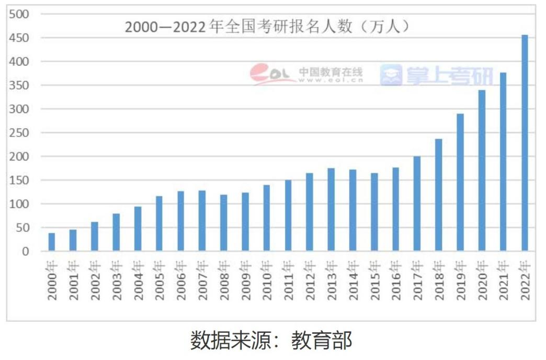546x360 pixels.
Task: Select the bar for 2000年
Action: click(52, 242)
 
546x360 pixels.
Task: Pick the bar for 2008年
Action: click(224, 223)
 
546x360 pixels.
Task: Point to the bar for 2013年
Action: click(331, 209)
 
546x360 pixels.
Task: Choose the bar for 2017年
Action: click(417, 204)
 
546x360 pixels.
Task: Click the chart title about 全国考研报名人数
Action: click(266, 27)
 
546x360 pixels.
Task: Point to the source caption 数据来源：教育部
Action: click(271, 340)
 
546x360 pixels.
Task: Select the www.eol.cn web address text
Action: click(330, 81)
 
